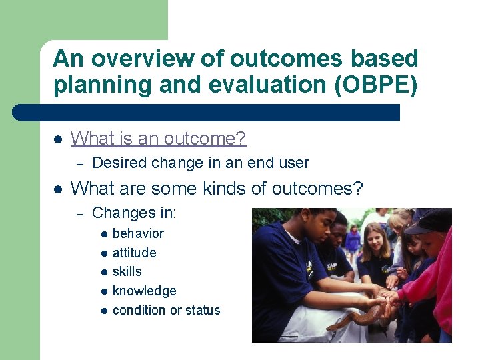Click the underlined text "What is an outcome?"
point(158,139)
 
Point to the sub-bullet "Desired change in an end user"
point(200,163)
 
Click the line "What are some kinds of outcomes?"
point(216,189)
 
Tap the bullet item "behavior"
point(138,233)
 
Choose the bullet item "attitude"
point(134,253)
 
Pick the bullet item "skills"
point(127,271)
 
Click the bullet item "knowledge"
point(144,291)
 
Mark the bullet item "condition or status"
point(166,310)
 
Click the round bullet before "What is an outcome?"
point(57,139)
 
